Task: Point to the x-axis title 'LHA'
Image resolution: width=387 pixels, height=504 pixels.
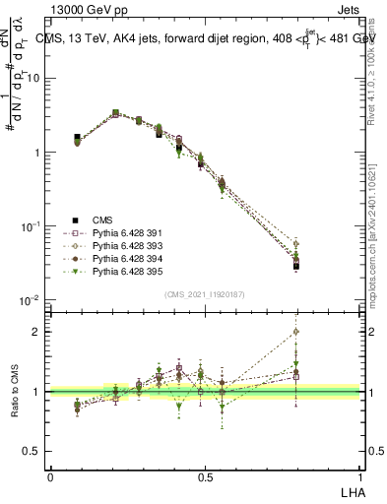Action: pos(351,491)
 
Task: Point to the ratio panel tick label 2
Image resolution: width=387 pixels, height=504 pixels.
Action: pos(38,332)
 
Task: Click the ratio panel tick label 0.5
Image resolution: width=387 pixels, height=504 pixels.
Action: pos(34,452)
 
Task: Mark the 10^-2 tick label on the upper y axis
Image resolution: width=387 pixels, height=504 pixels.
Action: pos(32,299)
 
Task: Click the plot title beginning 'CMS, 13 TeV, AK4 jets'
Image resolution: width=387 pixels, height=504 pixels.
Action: pos(207,37)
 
